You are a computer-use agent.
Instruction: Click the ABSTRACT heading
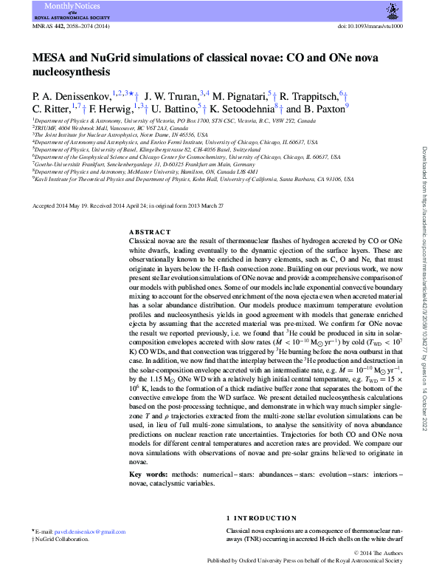149,232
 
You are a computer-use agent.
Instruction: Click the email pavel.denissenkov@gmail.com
85,532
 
